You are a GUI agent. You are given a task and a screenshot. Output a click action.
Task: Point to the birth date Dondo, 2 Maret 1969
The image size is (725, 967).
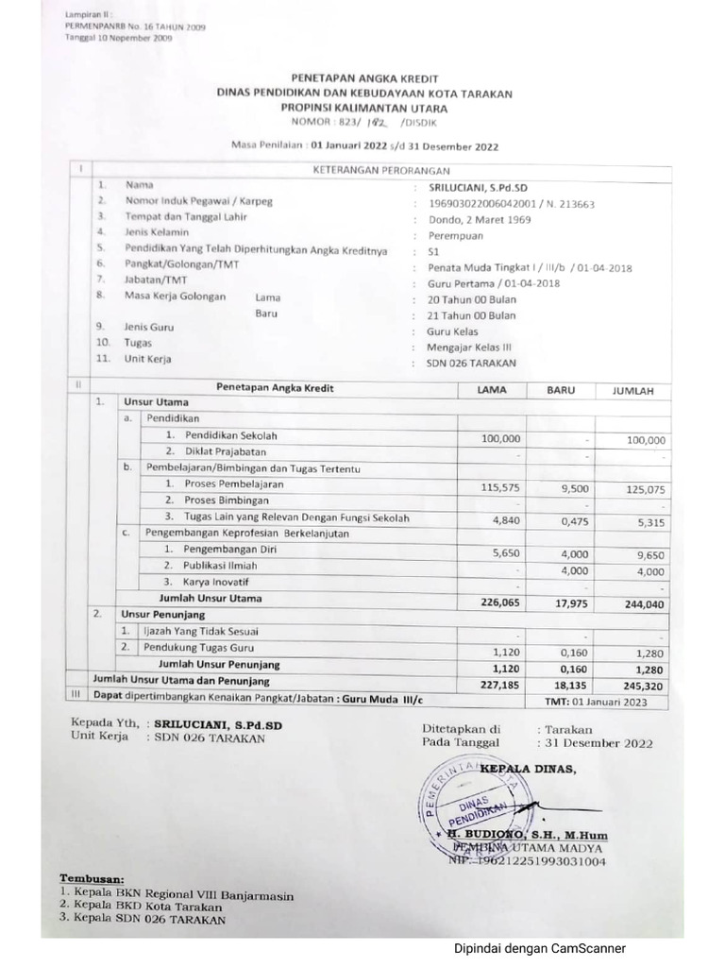tap(480, 219)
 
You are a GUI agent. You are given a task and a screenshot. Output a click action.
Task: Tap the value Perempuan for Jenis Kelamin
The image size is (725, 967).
tap(456, 235)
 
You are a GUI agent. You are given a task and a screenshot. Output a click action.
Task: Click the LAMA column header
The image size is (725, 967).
tap(492, 389)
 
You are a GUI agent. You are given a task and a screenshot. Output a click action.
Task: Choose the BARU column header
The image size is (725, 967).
tap(561, 389)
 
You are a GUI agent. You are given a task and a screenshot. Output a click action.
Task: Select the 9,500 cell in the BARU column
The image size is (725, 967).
tap(574, 488)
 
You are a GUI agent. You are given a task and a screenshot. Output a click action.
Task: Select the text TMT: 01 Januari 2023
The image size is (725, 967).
tap(596, 702)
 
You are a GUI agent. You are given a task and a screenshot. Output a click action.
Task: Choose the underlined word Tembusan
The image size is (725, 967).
tap(92, 877)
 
